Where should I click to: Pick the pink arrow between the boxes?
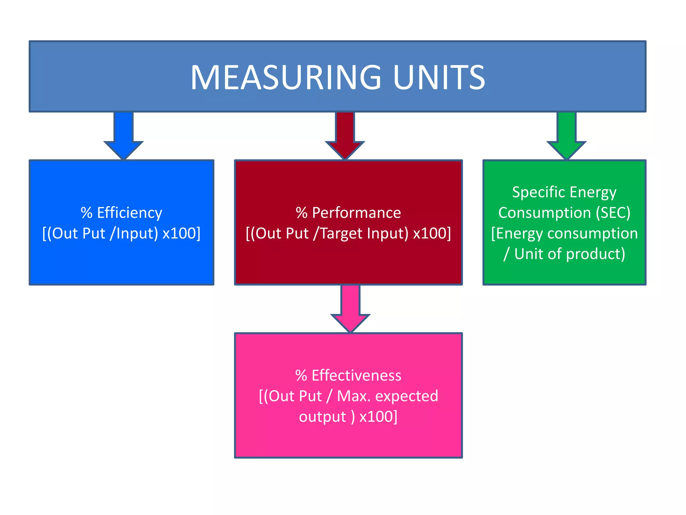(350, 308)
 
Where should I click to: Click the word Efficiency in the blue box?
(129, 213)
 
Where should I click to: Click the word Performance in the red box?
(356, 213)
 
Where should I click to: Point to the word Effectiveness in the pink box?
(356, 376)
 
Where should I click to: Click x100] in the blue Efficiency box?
(181, 233)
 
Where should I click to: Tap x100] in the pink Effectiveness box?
(378, 417)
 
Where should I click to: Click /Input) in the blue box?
(134, 233)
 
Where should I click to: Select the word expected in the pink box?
(406, 396)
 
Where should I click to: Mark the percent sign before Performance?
(301, 213)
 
